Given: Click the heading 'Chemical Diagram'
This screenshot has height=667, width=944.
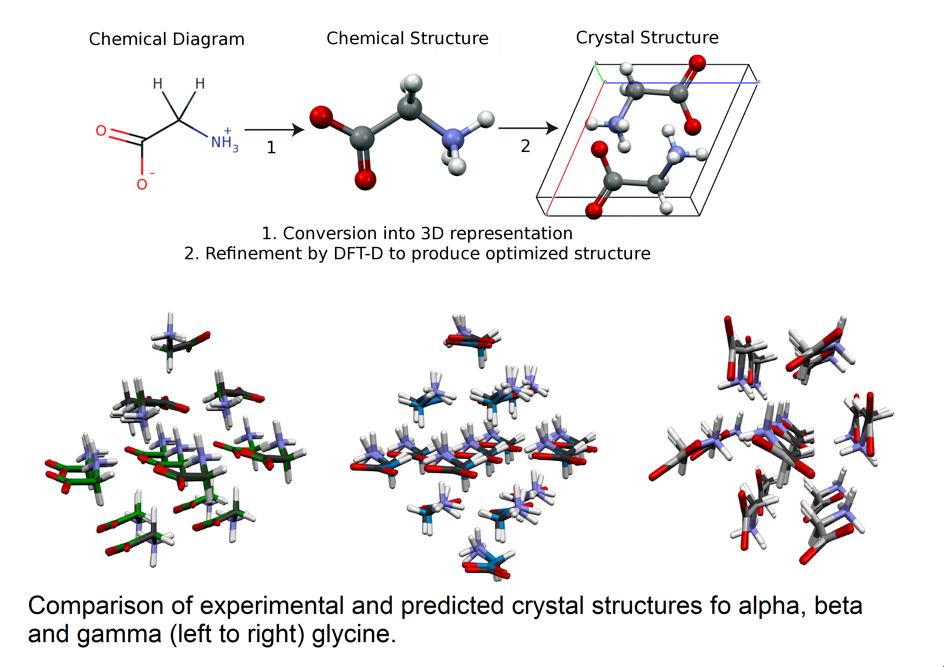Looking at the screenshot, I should tap(167, 39).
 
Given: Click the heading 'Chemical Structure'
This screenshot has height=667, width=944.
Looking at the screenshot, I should tap(407, 38).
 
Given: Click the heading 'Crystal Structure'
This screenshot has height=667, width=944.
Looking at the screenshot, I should tap(647, 38).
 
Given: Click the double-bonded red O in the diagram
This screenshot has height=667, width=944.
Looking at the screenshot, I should tap(101, 131).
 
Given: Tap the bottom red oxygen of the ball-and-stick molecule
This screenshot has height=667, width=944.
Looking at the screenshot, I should tap(365, 179).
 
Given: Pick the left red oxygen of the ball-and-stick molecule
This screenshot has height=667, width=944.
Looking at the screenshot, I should tap(321, 117).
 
